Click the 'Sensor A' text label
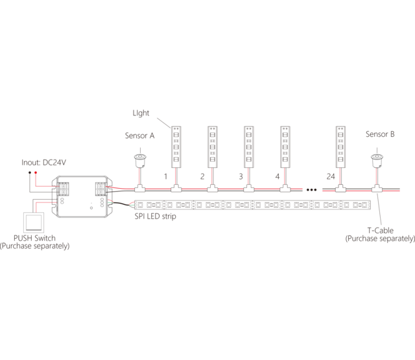pyautogui.click(x=139, y=136)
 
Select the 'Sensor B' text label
pyautogui.click(x=380, y=134)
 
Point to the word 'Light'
pyautogui.click(x=141, y=113)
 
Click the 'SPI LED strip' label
pyautogui.click(x=155, y=216)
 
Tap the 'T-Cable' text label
pyautogui.click(x=380, y=230)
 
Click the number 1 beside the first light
pyautogui.click(x=166, y=176)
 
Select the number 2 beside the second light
pyautogui.click(x=202, y=176)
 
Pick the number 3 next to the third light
pyautogui.click(x=240, y=176)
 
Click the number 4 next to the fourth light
pyautogui.click(x=277, y=176)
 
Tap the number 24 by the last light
pyautogui.click(x=331, y=176)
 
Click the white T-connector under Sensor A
pyautogui.click(x=139, y=189)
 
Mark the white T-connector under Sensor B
pyautogui.click(x=377, y=189)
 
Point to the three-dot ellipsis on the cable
pyautogui.click(x=311, y=189)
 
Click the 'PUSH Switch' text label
pyautogui.click(x=34, y=238)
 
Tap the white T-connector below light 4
pyautogui.click(x=285, y=189)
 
